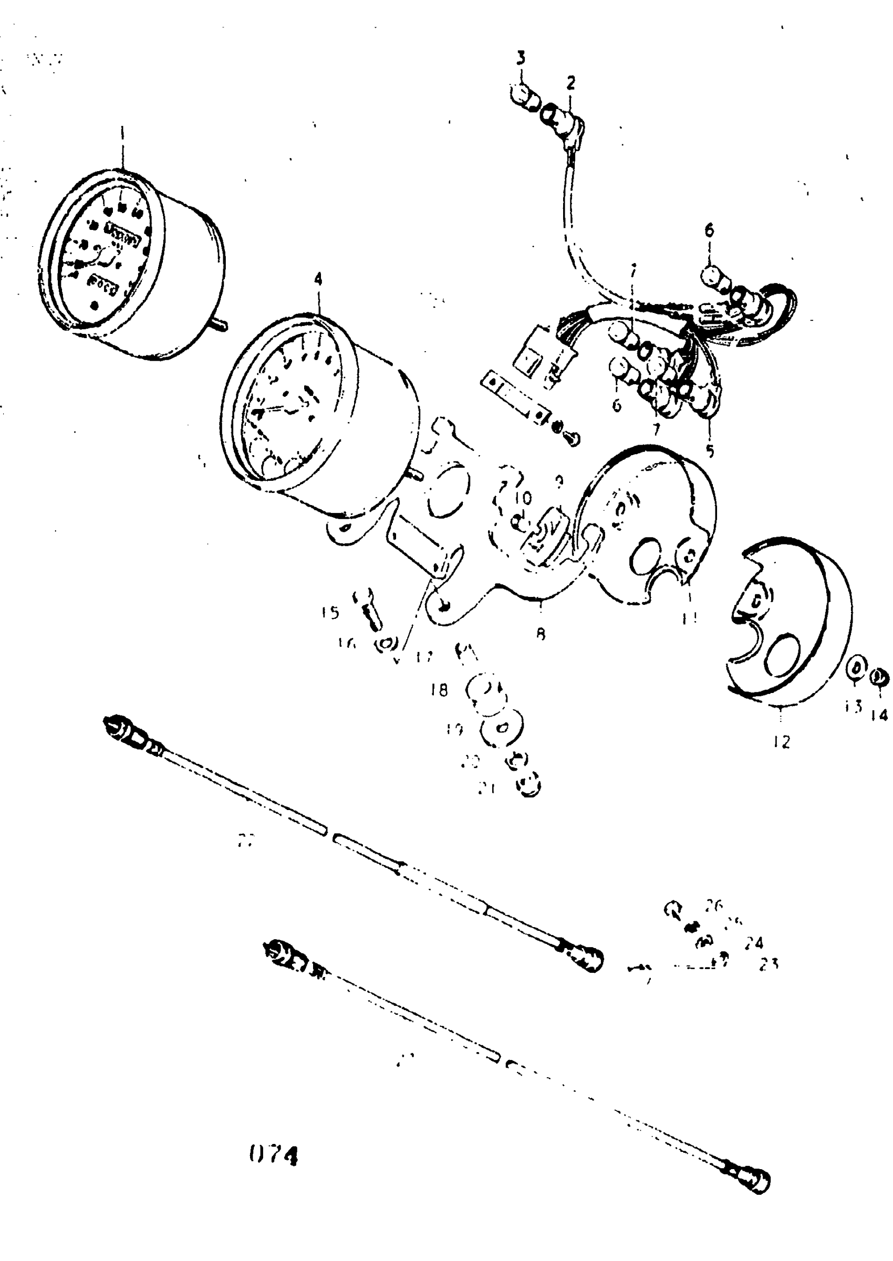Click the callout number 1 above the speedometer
tap(122, 133)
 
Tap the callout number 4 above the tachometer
tap(318, 279)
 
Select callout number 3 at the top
tap(521, 58)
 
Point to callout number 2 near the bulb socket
tap(571, 83)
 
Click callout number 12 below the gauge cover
tap(782, 742)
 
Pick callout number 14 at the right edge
tap(879, 715)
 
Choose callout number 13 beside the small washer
tap(853, 707)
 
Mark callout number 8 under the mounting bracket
tap(541, 634)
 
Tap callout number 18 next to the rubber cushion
tap(439, 690)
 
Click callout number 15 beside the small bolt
tap(330, 613)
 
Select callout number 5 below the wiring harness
tap(710, 451)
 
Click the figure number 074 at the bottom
tap(273, 1156)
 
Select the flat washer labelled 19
tap(502, 729)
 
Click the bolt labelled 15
tap(368, 609)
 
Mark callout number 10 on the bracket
tap(525, 499)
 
